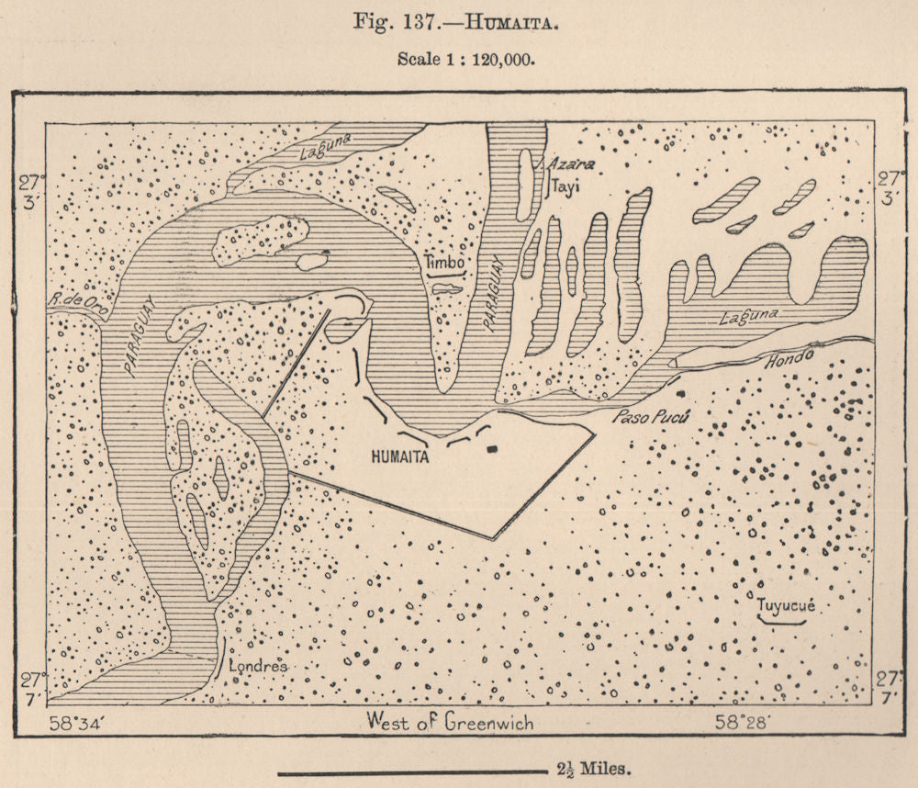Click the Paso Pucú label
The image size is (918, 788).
(649, 417)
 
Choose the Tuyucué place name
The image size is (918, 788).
(786, 606)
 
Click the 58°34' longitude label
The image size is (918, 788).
(81, 722)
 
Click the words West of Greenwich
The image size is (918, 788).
(449, 722)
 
